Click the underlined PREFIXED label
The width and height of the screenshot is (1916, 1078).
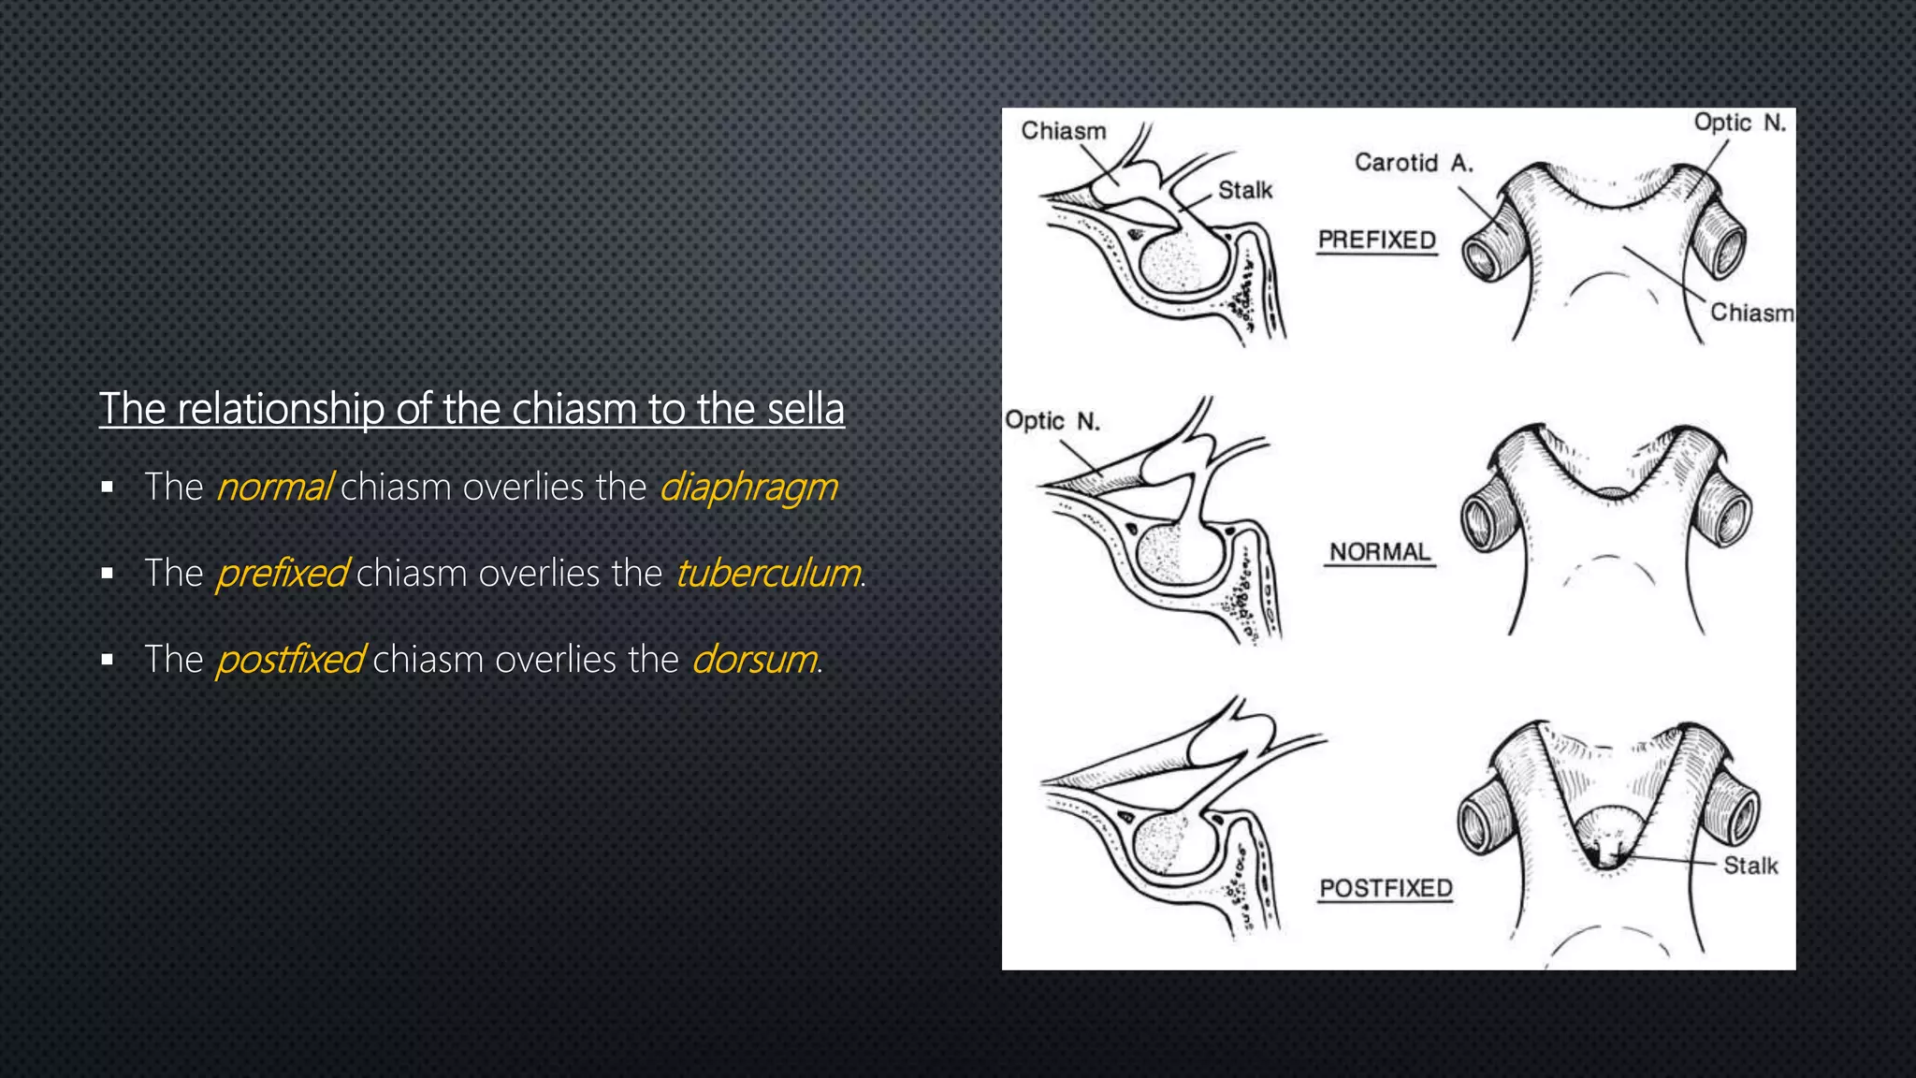pos(1376,240)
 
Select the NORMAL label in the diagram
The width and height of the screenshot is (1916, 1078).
pos(1380,552)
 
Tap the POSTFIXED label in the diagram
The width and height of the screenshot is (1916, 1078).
pos(1386,888)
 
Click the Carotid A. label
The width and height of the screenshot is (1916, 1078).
pos(1414,163)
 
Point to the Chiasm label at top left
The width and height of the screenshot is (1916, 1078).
pos(1063,131)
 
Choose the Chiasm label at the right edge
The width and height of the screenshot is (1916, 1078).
pos(1751,313)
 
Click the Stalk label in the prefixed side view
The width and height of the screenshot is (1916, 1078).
pos(1244,191)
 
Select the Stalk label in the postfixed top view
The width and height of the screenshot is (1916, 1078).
pos(1749,866)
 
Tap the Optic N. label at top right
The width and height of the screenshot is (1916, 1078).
pos(1739,123)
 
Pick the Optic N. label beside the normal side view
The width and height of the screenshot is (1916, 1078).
pos(1052,421)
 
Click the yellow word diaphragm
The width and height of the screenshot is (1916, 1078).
pos(748,488)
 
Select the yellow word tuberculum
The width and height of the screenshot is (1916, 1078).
pos(767,574)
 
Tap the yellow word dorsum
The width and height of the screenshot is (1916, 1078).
pos(754,660)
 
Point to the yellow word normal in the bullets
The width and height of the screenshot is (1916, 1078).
pos(274,488)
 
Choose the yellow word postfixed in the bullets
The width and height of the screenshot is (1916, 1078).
pos(290,660)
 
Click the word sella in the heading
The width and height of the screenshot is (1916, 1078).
pos(806,409)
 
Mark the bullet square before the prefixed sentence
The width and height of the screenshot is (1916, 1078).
pos(108,574)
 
